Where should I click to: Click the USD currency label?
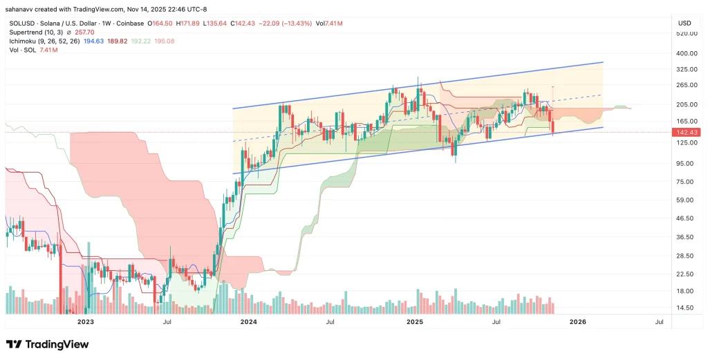tap(684, 23)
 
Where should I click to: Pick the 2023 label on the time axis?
tap(85, 322)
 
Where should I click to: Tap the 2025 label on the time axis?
tap(414, 322)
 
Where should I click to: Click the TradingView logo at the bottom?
tap(47, 344)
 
